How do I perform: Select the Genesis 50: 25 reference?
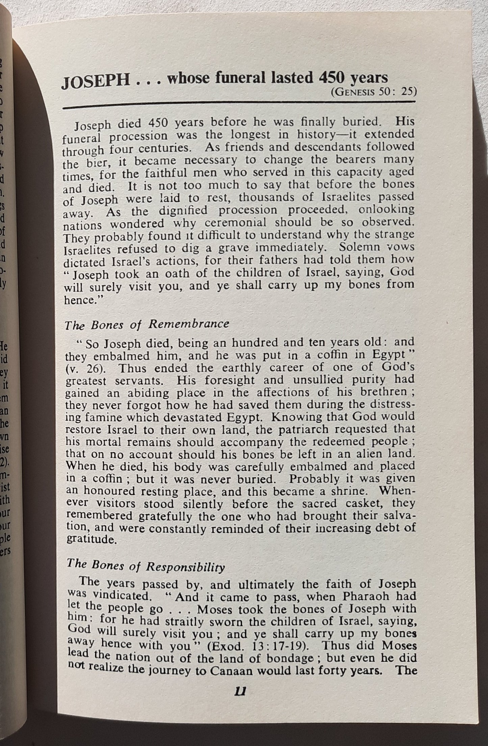point(373,92)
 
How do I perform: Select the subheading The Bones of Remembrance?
point(147,324)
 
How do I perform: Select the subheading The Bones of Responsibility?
point(145,567)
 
